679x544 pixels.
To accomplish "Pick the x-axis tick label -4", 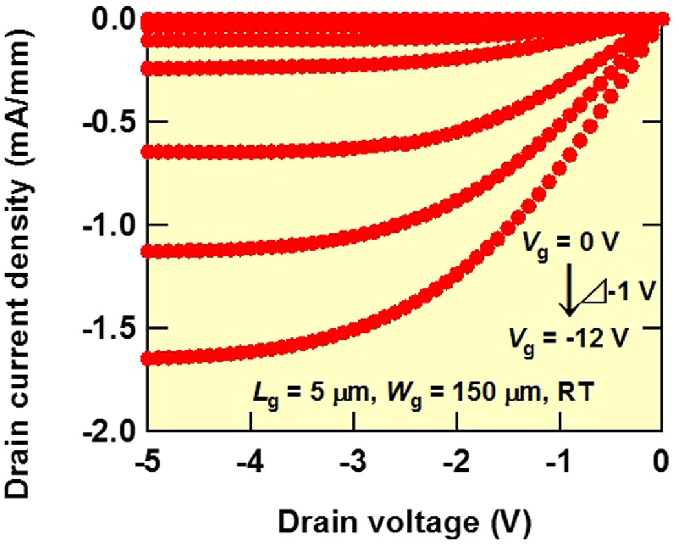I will click(x=250, y=463).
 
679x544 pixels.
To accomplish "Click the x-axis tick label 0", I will click(x=661, y=463).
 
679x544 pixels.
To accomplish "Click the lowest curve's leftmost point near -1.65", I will click(x=148, y=359).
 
